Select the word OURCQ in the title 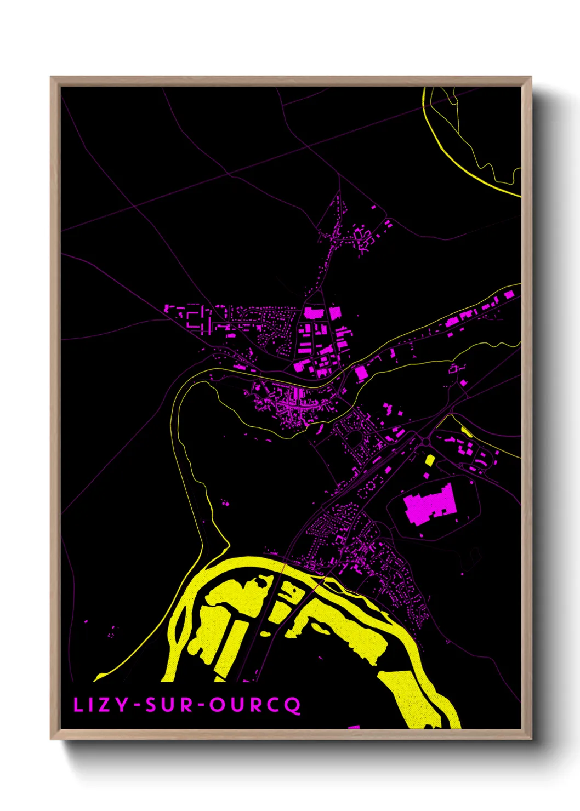point(255,705)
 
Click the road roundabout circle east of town point(426,442)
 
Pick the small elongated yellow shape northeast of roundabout point(467,432)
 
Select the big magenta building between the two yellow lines point(361,374)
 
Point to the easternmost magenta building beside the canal point(509,295)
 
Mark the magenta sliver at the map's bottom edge point(354,727)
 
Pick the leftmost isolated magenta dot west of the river point(86,621)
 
